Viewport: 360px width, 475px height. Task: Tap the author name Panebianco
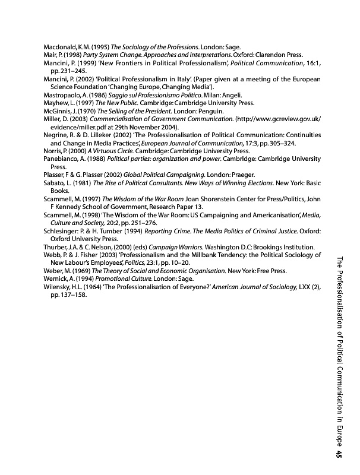click(62, 159)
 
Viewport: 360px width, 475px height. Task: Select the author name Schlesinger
click(62, 230)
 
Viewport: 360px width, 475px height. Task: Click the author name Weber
click(54, 270)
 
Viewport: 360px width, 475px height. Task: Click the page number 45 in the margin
click(337, 454)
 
